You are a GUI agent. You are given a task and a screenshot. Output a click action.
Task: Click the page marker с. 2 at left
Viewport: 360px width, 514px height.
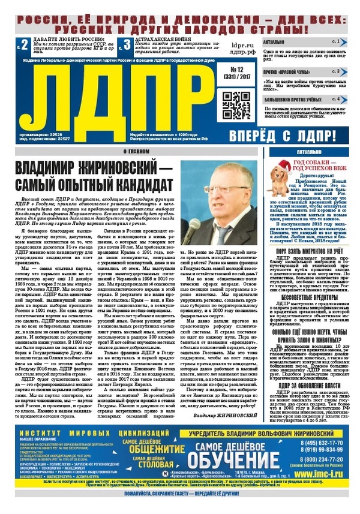(22, 44)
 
